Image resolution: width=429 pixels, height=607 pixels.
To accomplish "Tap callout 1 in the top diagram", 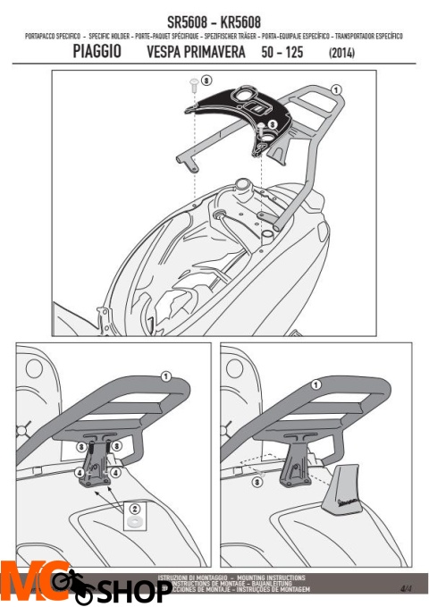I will coord(335,90).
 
